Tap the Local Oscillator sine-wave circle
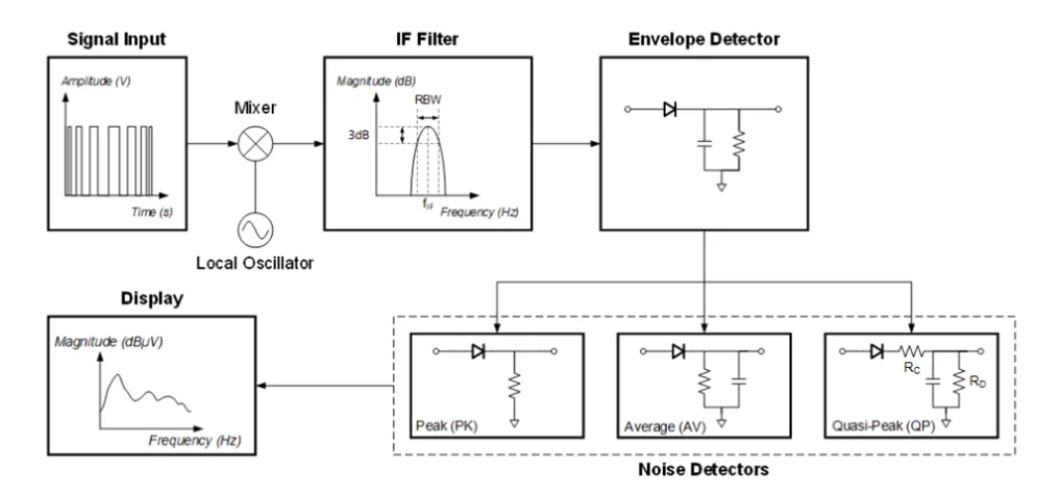click(x=256, y=230)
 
